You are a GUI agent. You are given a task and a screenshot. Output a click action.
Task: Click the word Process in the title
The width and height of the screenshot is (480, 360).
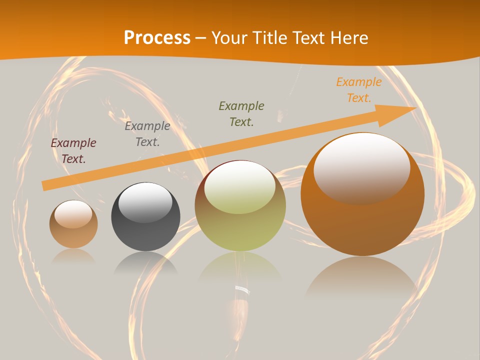tap(157, 38)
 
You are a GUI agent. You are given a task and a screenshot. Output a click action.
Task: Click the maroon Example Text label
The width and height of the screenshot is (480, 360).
tap(73, 151)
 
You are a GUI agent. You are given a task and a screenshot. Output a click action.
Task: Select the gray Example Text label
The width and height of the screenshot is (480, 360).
tap(147, 134)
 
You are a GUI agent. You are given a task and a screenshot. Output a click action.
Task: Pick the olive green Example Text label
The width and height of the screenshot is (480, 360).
tap(241, 113)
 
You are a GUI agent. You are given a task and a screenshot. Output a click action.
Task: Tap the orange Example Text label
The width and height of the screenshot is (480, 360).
tap(359, 90)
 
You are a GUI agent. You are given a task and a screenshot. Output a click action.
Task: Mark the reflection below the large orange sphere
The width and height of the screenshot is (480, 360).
tap(361, 277)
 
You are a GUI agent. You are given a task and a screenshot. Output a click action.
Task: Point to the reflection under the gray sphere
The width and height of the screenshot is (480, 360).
tap(145, 263)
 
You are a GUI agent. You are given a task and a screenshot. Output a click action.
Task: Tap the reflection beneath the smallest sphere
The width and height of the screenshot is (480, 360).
tap(73, 256)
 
